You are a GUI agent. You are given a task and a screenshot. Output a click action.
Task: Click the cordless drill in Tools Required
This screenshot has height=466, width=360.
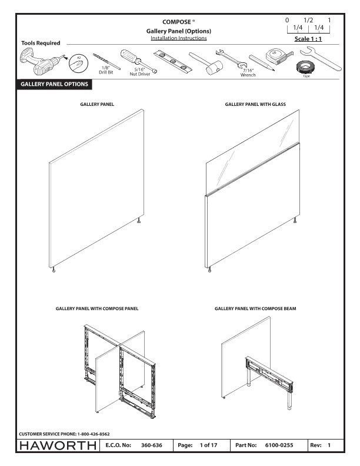point(37,62)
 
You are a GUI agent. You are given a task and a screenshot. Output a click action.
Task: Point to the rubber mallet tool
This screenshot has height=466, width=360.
point(203,62)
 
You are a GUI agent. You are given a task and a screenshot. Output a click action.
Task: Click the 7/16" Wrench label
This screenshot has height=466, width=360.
point(248,73)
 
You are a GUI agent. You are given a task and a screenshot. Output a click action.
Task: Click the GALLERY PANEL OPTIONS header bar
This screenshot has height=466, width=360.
point(54,84)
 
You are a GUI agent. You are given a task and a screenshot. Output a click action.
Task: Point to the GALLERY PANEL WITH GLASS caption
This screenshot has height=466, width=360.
point(255,104)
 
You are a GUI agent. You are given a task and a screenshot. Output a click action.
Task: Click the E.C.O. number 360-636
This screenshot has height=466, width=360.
point(152,445)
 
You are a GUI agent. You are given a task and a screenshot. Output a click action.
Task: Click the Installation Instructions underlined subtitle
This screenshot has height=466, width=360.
point(178,38)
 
